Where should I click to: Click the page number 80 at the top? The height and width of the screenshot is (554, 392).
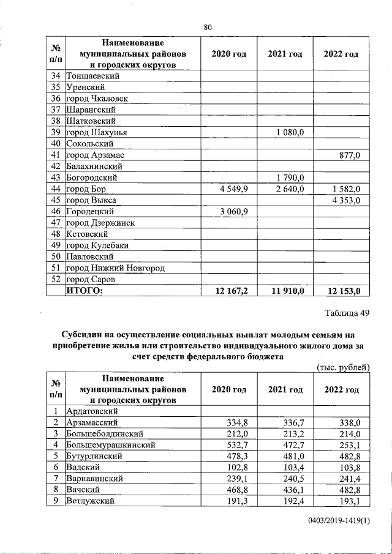point(207,26)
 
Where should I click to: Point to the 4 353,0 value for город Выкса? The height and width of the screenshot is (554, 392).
point(344,200)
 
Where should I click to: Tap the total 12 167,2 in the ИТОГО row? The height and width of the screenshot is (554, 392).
point(228,291)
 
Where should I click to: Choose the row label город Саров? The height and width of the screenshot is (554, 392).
point(91,280)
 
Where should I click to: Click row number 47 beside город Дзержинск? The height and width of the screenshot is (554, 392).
point(55,223)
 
